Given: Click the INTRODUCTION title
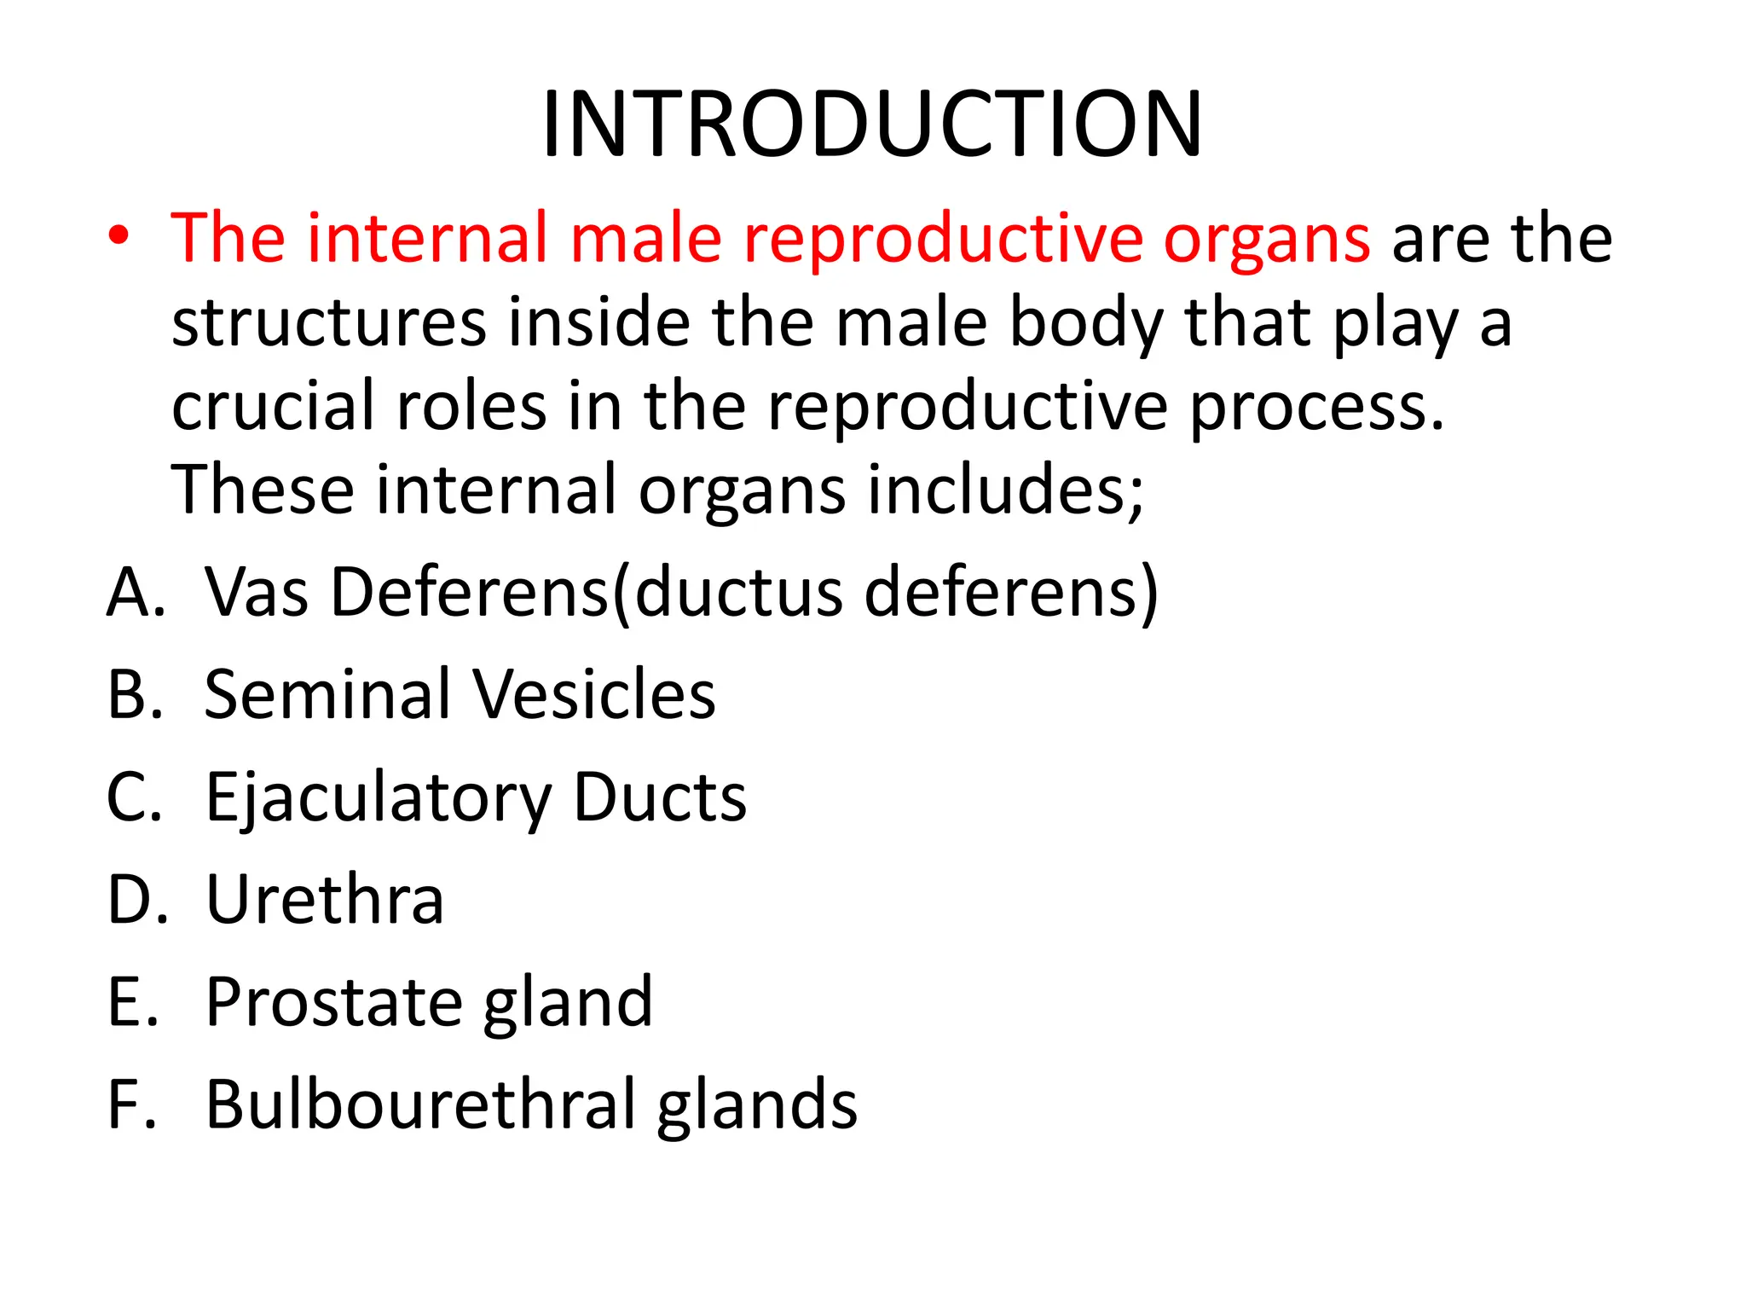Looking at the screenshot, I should pyautogui.click(x=871, y=125).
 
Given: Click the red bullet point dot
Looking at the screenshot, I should pyautogui.click(x=119, y=236).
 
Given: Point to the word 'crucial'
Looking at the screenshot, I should pyautogui.click(x=273, y=406).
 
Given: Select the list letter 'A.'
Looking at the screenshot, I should pyautogui.click(x=135, y=592).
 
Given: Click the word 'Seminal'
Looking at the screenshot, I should pyautogui.click(x=327, y=694).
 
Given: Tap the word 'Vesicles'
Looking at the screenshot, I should pyautogui.click(x=594, y=694).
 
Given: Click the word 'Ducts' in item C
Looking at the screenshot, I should pyautogui.click(x=660, y=798).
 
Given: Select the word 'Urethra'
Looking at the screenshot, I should pyautogui.click(x=325, y=900).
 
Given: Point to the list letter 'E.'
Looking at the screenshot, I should pyautogui.click(x=133, y=1002).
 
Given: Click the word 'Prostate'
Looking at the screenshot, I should pyautogui.click(x=333, y=1002).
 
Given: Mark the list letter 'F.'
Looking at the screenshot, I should pyautogui.click(x=132, y=1105).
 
